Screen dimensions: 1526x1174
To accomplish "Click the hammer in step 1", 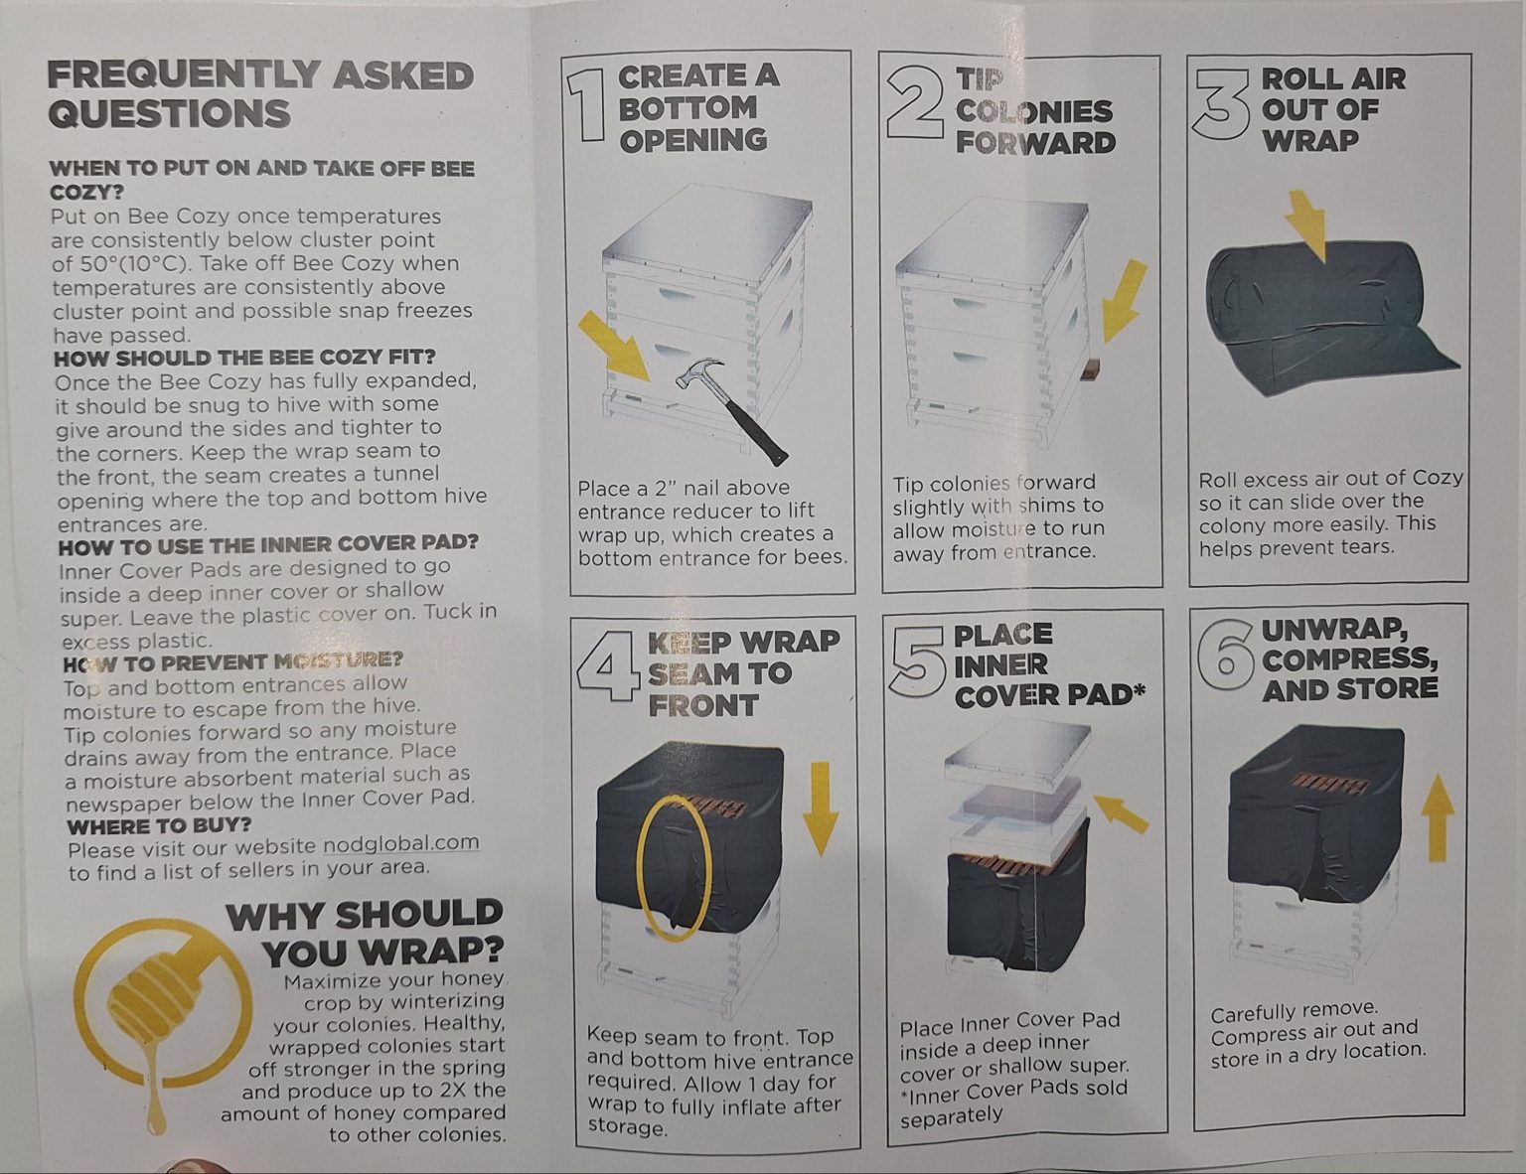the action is coord(730,410).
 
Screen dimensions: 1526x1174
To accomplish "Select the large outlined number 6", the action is coord(1225,655).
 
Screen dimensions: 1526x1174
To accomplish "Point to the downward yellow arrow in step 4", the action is coord(821,809).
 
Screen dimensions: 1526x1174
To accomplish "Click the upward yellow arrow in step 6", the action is coord(1439,818).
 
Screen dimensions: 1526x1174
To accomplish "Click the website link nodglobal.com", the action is coord(401,842).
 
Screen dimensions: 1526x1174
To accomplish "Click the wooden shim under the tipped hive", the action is coord(1091,369).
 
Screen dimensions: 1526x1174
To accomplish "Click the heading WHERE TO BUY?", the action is coord(159,825).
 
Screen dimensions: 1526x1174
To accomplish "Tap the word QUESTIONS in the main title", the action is coord(169,113).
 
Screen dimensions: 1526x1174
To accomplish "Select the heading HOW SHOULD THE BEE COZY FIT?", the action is coord(245,358).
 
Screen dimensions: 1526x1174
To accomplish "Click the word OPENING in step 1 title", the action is coord(693,140).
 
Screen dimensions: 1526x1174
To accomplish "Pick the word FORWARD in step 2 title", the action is coord(1035,142).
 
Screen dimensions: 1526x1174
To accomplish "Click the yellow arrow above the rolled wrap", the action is coord(1307,224).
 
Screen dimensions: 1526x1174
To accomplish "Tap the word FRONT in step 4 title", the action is coord(703,706).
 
